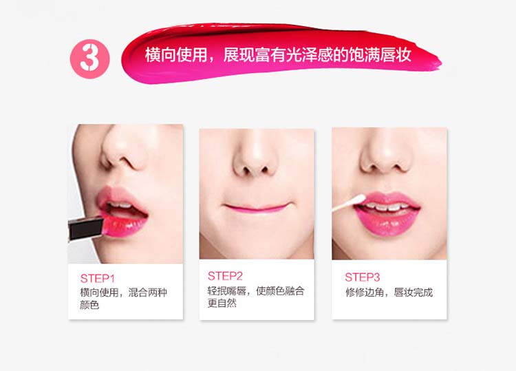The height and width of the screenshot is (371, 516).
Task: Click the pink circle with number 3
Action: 89,59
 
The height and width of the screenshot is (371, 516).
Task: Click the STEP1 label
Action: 98,279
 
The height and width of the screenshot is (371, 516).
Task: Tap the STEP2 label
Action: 225,276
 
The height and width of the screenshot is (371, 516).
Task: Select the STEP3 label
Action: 363,277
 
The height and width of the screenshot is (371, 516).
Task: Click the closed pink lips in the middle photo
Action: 257,207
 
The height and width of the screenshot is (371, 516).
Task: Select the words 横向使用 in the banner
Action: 176,54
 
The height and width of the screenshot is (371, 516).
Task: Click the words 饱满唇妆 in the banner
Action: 380,54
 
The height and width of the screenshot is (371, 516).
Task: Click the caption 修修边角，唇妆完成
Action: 389,293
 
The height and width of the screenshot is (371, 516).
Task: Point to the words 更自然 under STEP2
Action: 222,303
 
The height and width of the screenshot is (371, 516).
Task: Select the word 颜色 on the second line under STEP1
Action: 89,304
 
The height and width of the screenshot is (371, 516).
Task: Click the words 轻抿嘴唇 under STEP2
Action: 227,291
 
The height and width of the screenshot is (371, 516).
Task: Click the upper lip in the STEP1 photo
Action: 118,196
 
